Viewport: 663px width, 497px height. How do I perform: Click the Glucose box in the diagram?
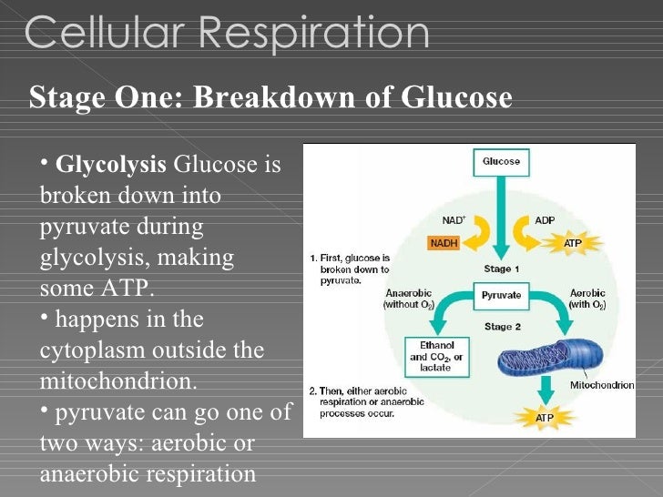500,162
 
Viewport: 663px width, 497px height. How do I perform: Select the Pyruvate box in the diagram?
501,296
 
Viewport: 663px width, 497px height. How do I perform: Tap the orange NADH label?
444,243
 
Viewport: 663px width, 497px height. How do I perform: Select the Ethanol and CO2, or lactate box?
434,357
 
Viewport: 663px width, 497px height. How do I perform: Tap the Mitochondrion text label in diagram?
601,385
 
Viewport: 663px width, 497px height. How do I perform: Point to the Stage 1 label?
502,269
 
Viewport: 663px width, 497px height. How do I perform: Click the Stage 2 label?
502,326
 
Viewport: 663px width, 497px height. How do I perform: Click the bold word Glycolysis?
111,167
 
